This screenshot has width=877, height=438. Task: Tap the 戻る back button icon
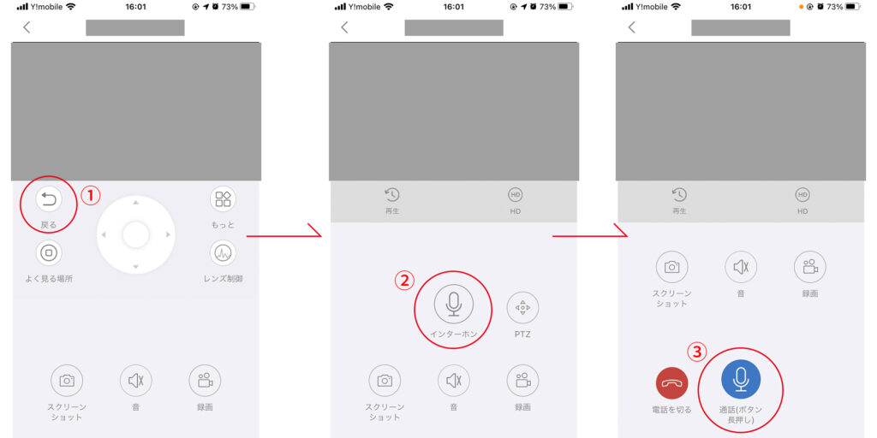pyautogui.click(x=49, y=199)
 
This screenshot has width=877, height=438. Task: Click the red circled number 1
pyautogui.click(x=91, y=195)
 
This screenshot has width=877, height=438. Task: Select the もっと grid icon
pyautogui.click(x=224, y=198)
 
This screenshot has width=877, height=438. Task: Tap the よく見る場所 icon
pyautogui.click(x=49, y=253)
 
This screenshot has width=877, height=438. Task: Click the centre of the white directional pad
pyautogui.click(x=135, y=234)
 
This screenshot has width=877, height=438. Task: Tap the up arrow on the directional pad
pyautogui.click(x=135, y=203)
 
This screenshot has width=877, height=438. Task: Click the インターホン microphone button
pyautogui.click(x=454, y=305)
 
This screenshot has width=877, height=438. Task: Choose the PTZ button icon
pyautogui.click(x=522, y=307)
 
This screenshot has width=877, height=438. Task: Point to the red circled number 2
pyautogui.click(x=404, y=281)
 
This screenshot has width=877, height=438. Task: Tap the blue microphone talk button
pyautogui.click(x=741, y=379)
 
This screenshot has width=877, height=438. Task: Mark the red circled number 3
pyautogui.click(x=696, y=352)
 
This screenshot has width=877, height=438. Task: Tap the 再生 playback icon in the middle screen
pyautogui.click(x=392, y=194)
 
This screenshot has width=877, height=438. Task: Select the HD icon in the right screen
pyautogui.click(x=802, y=194)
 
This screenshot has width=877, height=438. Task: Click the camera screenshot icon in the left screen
pyautogui.click(x=67, y=381)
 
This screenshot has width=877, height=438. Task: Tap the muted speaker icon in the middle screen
pyautogui.click(x=454, y=381)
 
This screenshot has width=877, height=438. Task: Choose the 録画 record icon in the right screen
pyautogui.click(x=810, y=267)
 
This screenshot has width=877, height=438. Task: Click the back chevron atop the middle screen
pyautogui.click(x=344, y=27)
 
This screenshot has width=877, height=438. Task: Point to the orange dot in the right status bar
pyautogui.click(x=801, y=7)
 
